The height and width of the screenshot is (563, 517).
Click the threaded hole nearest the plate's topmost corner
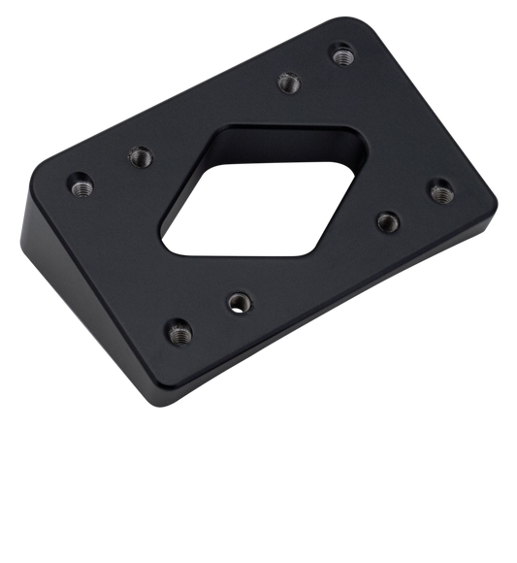pos(340,55)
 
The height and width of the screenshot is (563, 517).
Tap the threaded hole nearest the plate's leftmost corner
pos(80,181)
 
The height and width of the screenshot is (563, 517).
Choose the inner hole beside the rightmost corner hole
pos(388,219)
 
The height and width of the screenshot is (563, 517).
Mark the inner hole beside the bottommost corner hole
pos(237,301)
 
